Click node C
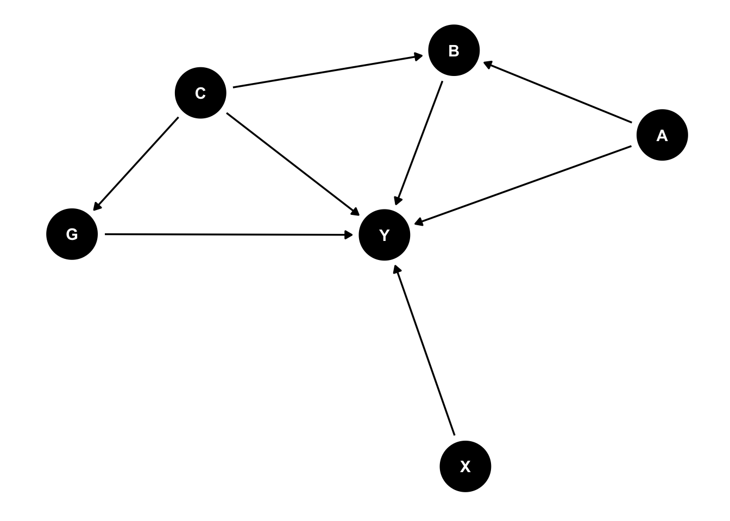200,93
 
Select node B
454,50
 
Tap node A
662,135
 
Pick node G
72,234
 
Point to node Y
385,235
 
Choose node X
465,467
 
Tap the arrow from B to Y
420,143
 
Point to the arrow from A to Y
523,185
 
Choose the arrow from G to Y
228,234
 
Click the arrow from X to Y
425,351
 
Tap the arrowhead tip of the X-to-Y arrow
396,266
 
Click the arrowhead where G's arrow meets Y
350,235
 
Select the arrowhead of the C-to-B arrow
420,56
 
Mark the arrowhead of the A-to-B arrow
486,63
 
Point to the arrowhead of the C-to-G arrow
95,208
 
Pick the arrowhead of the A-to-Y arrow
416,223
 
